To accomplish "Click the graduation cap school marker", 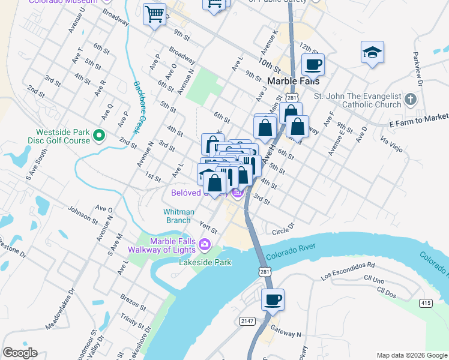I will coord(372,52).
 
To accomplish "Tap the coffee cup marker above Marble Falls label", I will coord(312,64).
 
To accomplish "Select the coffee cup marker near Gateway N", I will coord(273,299).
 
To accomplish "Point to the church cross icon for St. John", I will coord(410,99).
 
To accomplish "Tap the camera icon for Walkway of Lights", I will coord(205,244).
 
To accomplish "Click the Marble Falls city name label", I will coord(293,81).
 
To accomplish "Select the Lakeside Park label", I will coord(205,262).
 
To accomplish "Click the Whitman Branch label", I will coord(179,216).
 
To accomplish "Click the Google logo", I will coord(20,353).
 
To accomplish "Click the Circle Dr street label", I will coord(283,229).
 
